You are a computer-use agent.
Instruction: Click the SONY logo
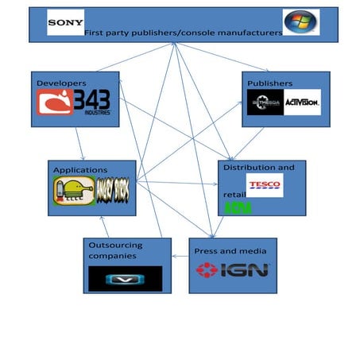click(x=66, y=22)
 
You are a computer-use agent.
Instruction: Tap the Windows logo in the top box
click(x=301, y=22)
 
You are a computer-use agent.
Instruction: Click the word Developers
click(x=60, y=82)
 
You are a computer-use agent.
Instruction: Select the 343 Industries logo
click(x=92, y=103)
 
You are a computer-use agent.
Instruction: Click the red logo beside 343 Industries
click(x=53, y=103)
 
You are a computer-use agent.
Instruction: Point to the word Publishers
click(x=269, y=83)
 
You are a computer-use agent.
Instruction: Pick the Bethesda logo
click(x=265, y=103)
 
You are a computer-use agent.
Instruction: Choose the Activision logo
click(x=302, y=103)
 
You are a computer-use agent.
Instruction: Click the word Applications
click(x=80, y=170)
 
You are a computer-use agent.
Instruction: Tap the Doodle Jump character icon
click(x=68, y=192)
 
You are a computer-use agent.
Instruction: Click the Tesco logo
click(x=264, y=185)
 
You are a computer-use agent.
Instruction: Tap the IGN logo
click(x=233, y=270)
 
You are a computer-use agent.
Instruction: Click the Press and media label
click(x=225, y=251)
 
